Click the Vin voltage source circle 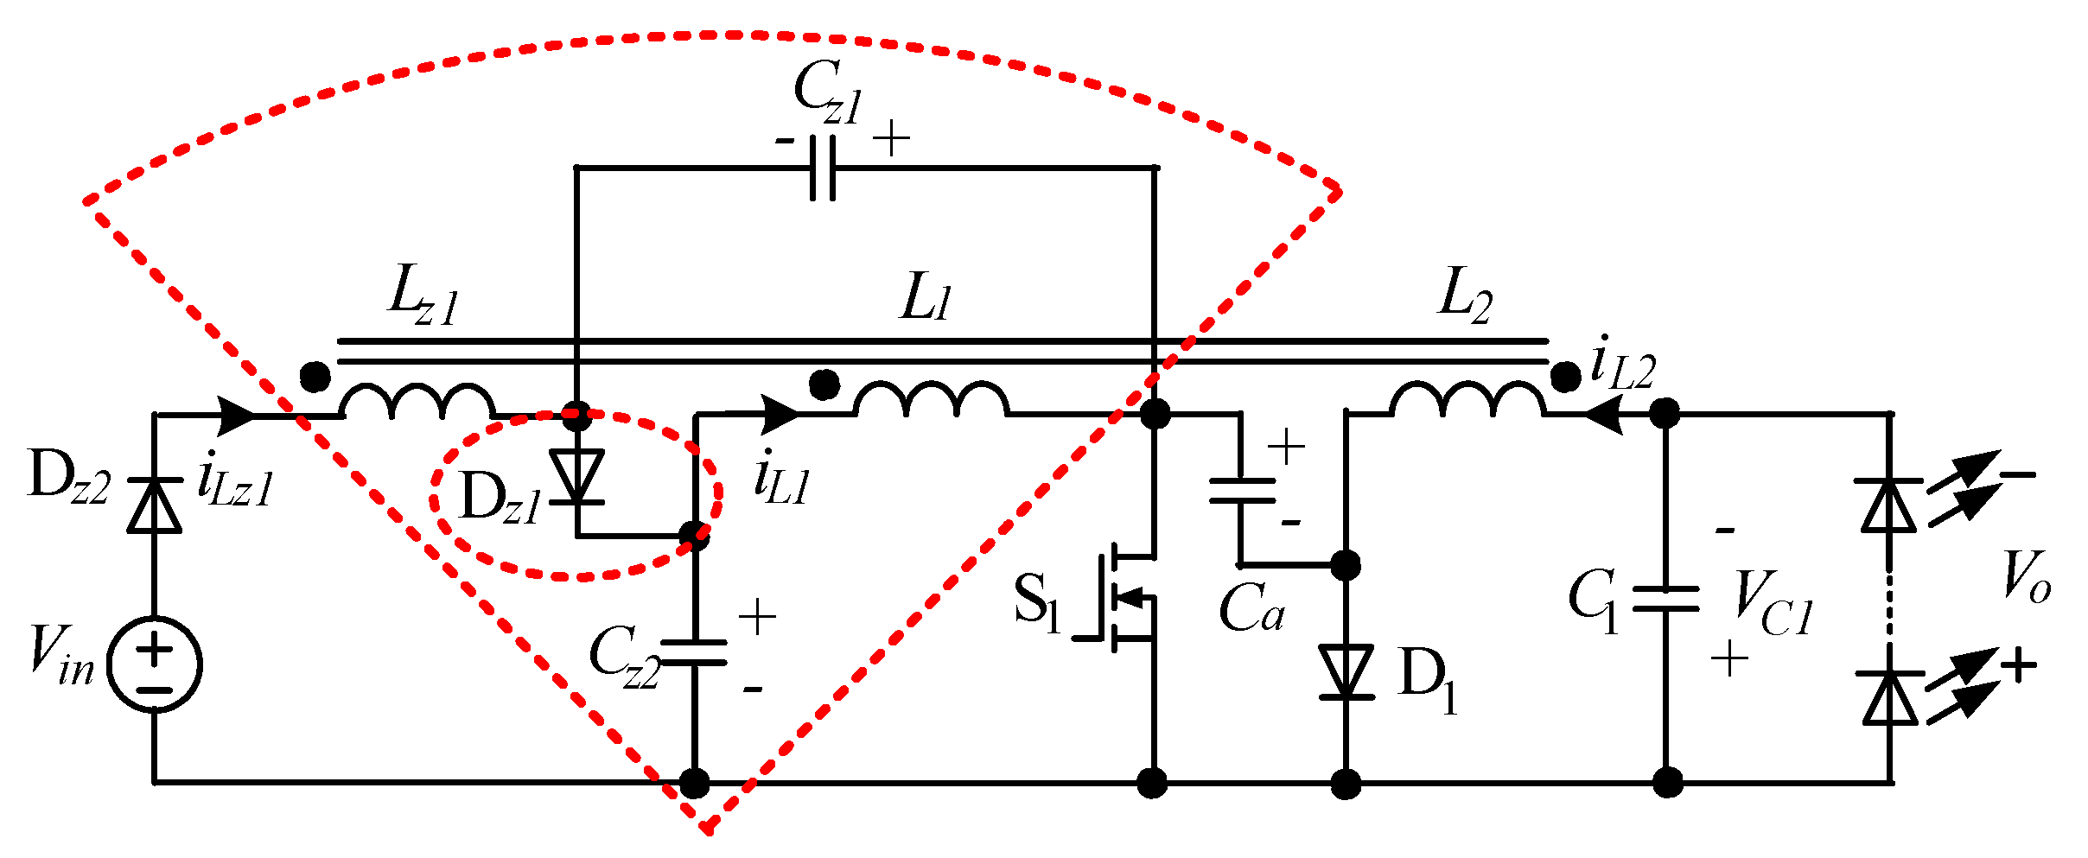(x=155, y=664)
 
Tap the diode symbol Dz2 (x=155, y=505)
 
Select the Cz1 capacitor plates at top (x=823, y=168)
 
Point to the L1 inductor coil (x=931, y=401)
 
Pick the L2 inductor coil (x=1467, y=401)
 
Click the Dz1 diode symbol (x=577, y=477)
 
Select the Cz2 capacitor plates (x=694, y=653)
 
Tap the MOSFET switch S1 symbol (x=1119, y=596)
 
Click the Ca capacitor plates (x=1242, y=490)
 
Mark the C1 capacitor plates (x=1666, y=598)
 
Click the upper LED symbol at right (x=1889, y=504)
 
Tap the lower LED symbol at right (x=1890, y=697)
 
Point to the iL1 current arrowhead (x=780, y=415)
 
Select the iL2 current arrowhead (x=1603, y=415)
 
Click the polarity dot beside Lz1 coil (x=315, y=377)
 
